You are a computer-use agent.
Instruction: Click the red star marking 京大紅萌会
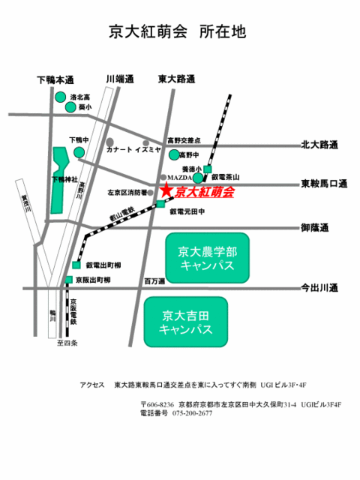[165, 193]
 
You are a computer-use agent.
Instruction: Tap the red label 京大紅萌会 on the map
[202, 193]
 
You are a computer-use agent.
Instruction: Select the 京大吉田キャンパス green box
[187, 322]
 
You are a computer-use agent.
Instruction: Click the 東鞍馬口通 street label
[325, 183]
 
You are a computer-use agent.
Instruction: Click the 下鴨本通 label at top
[55, 79]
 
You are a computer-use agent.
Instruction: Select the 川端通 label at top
[119, 79]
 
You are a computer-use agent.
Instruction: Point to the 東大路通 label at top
[176, 79]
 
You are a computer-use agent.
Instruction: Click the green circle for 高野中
[175, 154]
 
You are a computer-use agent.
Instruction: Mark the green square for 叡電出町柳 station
[76, 265]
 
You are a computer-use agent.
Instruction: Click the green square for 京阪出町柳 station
[68, 280]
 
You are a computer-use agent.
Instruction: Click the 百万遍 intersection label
[154, 281]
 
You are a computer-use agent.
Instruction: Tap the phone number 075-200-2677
[193, 413]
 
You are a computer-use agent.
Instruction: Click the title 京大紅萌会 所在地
[178, 32]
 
